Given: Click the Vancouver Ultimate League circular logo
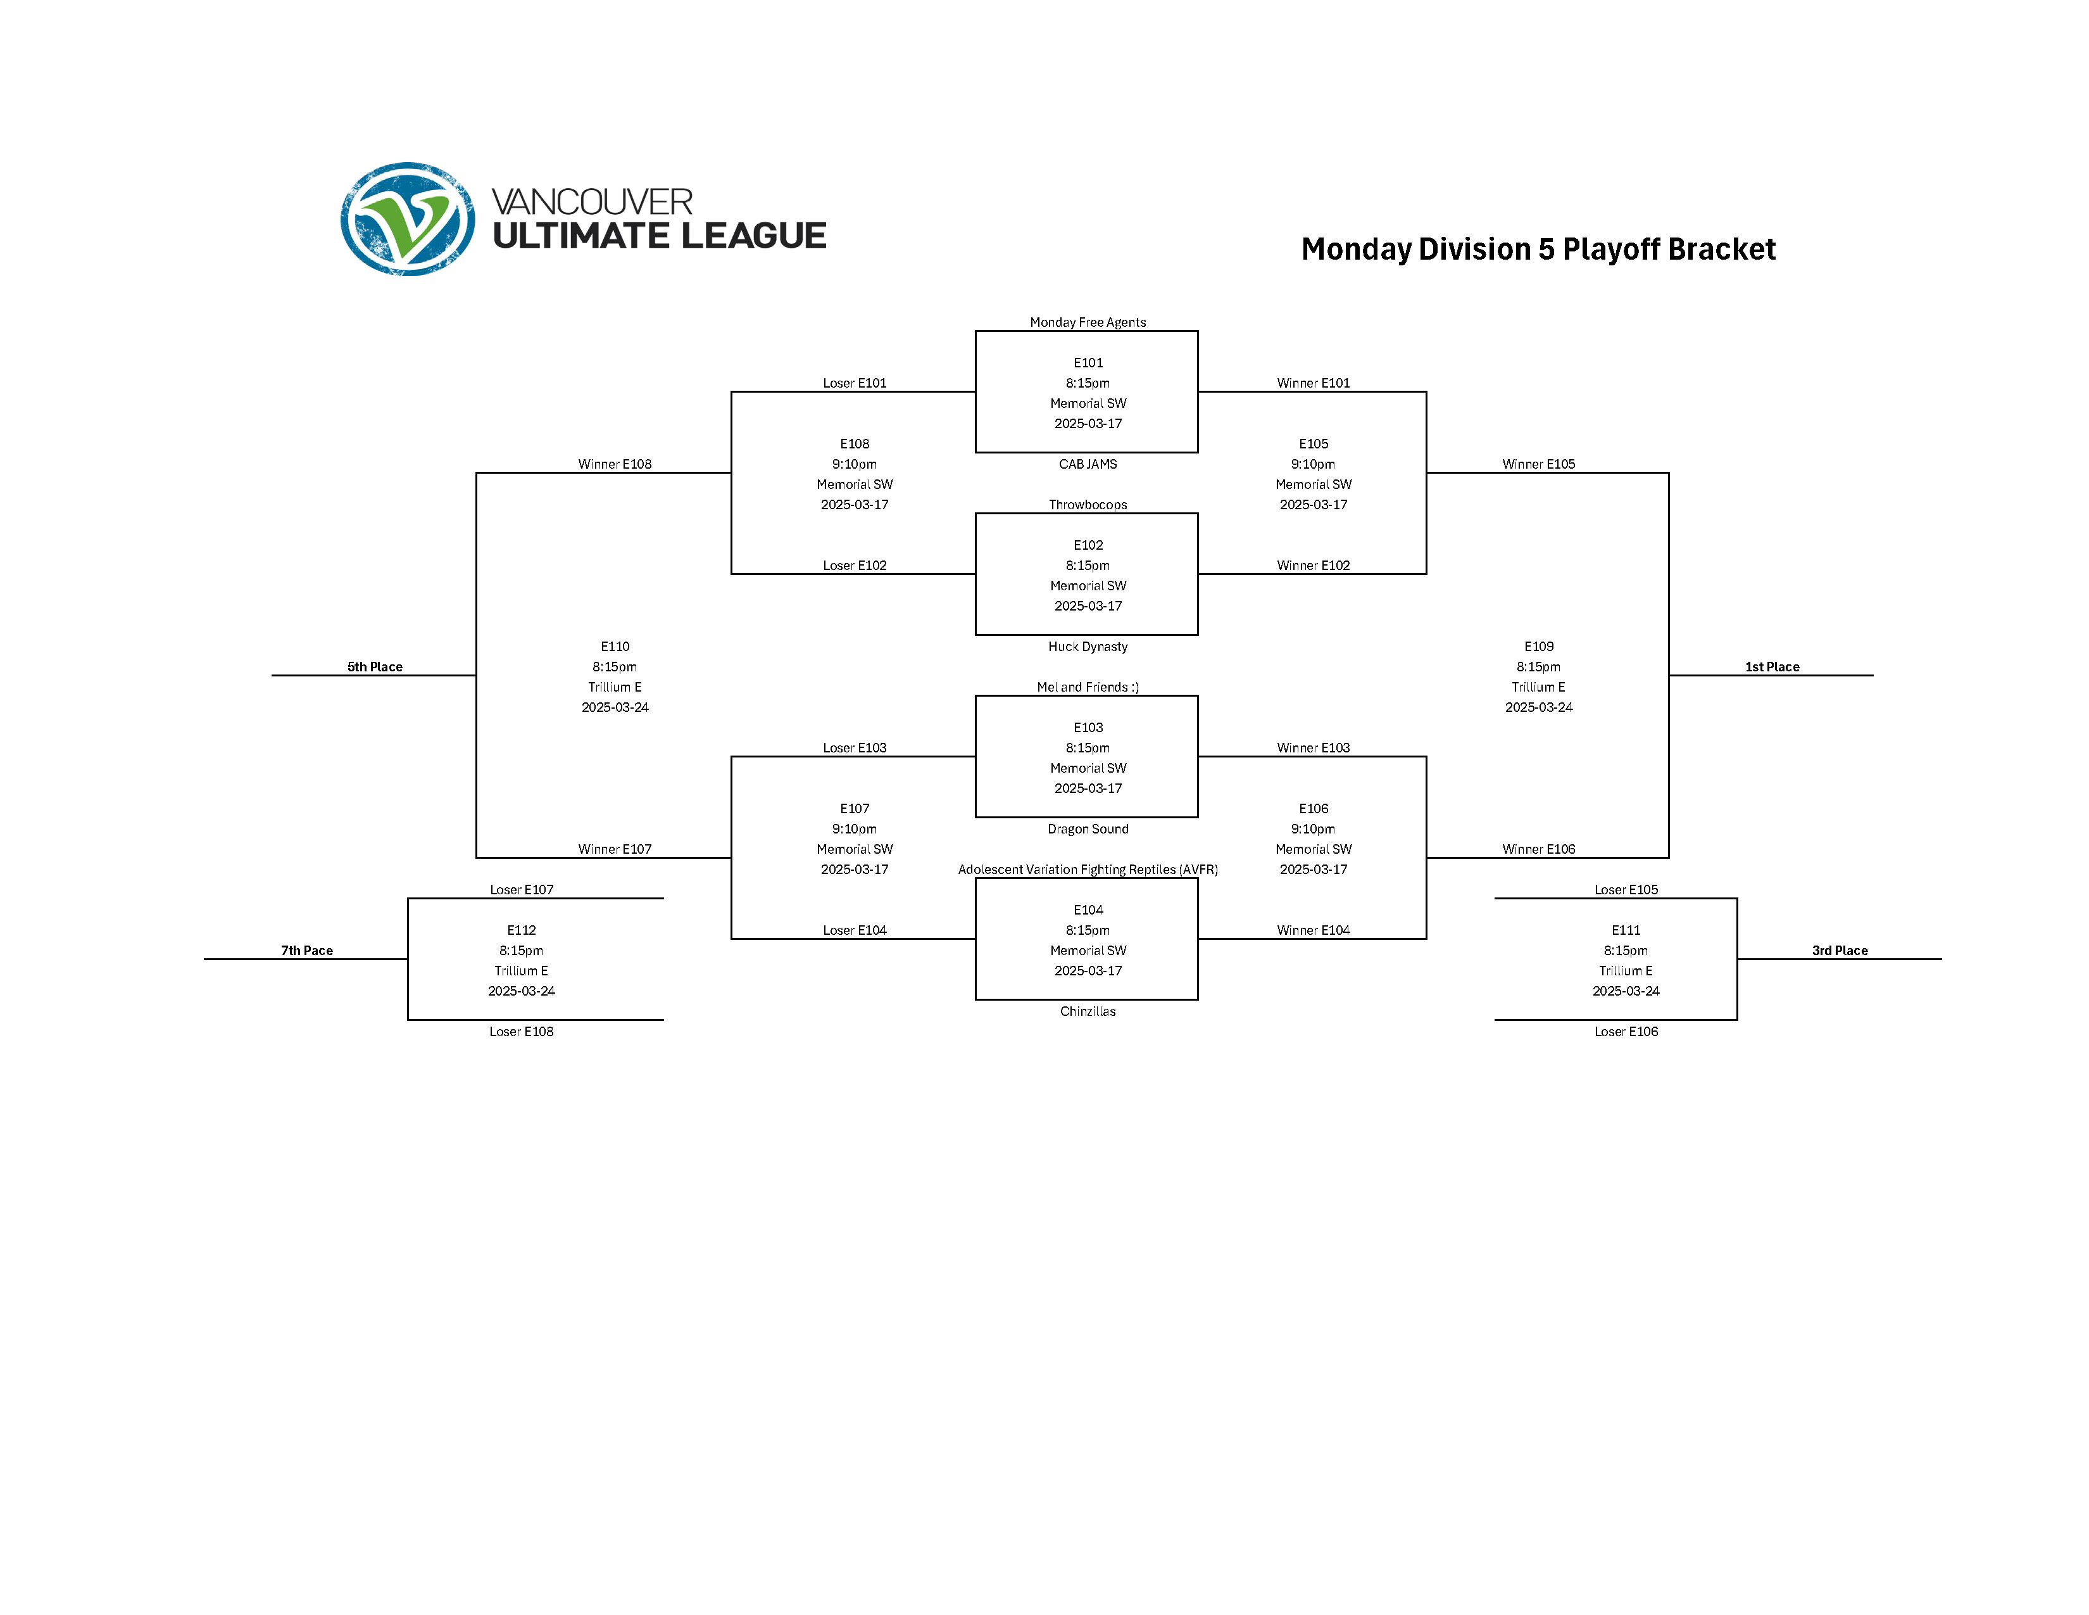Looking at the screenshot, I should pyautogui.click(x=408, y=219).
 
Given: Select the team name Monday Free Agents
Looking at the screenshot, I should pyautogui.click(x=1088, y=322).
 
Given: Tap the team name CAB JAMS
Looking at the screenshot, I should pyautogui.click(x=1088, y=464).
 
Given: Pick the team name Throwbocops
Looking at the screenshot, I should pyautogui.click(x=1088, y=504).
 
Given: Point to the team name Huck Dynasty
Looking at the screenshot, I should pyautogui.click(x=1088, y=647).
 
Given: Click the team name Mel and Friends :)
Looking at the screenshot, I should pyautogui.click(x=1088, y=687).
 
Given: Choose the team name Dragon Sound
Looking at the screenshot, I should pyautogui.click(x=1088, y=828).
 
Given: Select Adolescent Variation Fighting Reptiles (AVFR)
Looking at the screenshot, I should pyautogui.click(x=1088, y=870).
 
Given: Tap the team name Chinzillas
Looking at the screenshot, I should pyautogui.click(x=1088, y=1011).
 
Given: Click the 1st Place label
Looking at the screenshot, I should pyautogui.click(x=1771, y=667).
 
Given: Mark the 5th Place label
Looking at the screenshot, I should pyautogui.click(x=375, y=667).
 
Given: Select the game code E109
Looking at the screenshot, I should pyautogui.click(x=1538, y=647).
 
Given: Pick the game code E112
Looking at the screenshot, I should pyautogui.click(x=521, y=930).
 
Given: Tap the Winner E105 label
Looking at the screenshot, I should pyautogui.click(x=1538, y=464).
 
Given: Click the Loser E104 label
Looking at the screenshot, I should pyautogui.click(x=854, y=930).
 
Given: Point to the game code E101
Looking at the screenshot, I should pyautogui.click(x=1088, y=363).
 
